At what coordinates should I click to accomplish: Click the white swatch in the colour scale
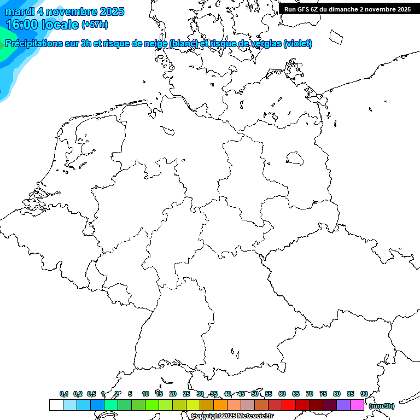[56, 405]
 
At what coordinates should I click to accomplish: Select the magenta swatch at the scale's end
[357, 405]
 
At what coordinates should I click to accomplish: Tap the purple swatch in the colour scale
[343, 405]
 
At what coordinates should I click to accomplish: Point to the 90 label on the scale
[364, 394]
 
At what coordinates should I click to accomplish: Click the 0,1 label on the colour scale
[64, 394]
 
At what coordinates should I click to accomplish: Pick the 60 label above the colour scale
[282, 394]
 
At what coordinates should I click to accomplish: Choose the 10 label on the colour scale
[145, 394]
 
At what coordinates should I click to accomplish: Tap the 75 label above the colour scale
[323, 394]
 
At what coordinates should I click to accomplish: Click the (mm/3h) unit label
[382, 406]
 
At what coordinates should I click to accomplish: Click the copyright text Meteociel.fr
[241, 416]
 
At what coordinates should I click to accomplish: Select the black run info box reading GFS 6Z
[348, 9]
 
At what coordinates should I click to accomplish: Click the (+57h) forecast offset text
[95, 25]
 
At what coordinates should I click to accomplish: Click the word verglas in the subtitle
[266, 43]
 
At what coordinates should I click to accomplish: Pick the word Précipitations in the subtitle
[33, 43]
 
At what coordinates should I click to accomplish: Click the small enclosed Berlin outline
[295, 158]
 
